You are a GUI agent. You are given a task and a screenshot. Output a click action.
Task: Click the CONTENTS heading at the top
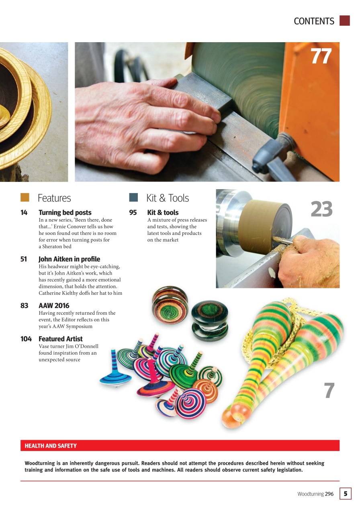(x=314, y=21)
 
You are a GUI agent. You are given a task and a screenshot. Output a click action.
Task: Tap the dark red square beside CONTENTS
(x=344, y=21)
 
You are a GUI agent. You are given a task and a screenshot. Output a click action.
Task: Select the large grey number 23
(x=321, y=209)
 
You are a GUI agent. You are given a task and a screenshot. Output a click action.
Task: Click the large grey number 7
(x=329, y=391)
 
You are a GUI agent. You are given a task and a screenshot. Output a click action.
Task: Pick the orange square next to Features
(x=25, y=197)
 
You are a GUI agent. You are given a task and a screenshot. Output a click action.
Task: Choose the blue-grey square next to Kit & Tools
(x=133, y=197)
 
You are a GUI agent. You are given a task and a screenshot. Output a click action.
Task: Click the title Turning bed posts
(x=65, y=212)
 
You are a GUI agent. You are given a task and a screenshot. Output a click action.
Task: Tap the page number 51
(x=24, y=259)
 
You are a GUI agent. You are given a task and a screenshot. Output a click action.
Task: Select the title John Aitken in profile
(x=69, y=259)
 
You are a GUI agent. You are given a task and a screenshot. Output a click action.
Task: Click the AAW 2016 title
(x=54, y=306)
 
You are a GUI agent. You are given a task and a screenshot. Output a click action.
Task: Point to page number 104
(x=26, y=339)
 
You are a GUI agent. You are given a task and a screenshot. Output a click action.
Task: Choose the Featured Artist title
(x=60, y=339)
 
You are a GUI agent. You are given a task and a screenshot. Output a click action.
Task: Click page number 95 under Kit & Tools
(x=133, y=212)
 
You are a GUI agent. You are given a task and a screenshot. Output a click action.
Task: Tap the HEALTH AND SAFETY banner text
(x=51, y=446)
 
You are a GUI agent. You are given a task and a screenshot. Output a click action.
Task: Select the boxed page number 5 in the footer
(x=345, y=494)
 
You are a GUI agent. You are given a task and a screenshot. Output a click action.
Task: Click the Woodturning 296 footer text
(x=315, y=494)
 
